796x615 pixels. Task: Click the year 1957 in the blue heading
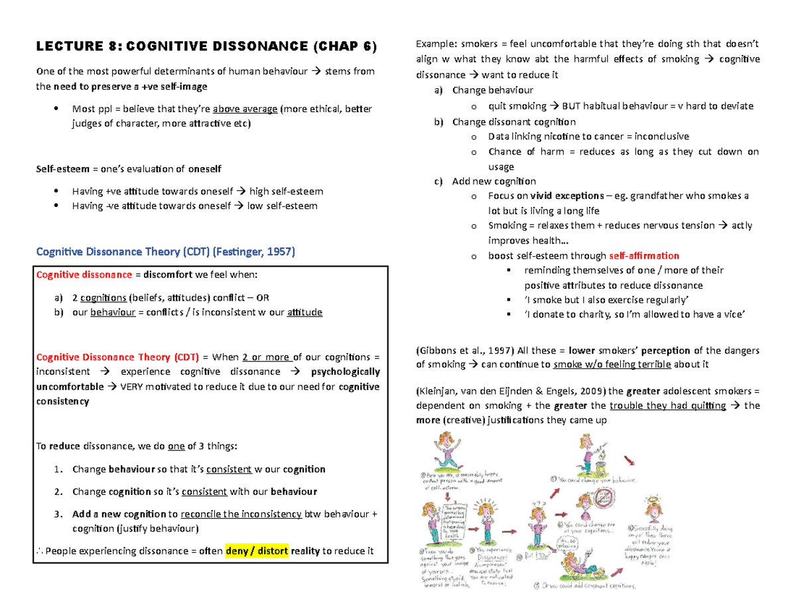click(279, 252)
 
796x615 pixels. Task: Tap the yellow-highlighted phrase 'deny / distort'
click(257, 551)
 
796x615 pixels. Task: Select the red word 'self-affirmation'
click(643, 255)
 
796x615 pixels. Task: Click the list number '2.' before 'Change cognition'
click(59, 492)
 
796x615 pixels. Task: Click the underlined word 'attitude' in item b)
click(304, 312)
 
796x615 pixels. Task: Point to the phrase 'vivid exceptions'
click(567, 196)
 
